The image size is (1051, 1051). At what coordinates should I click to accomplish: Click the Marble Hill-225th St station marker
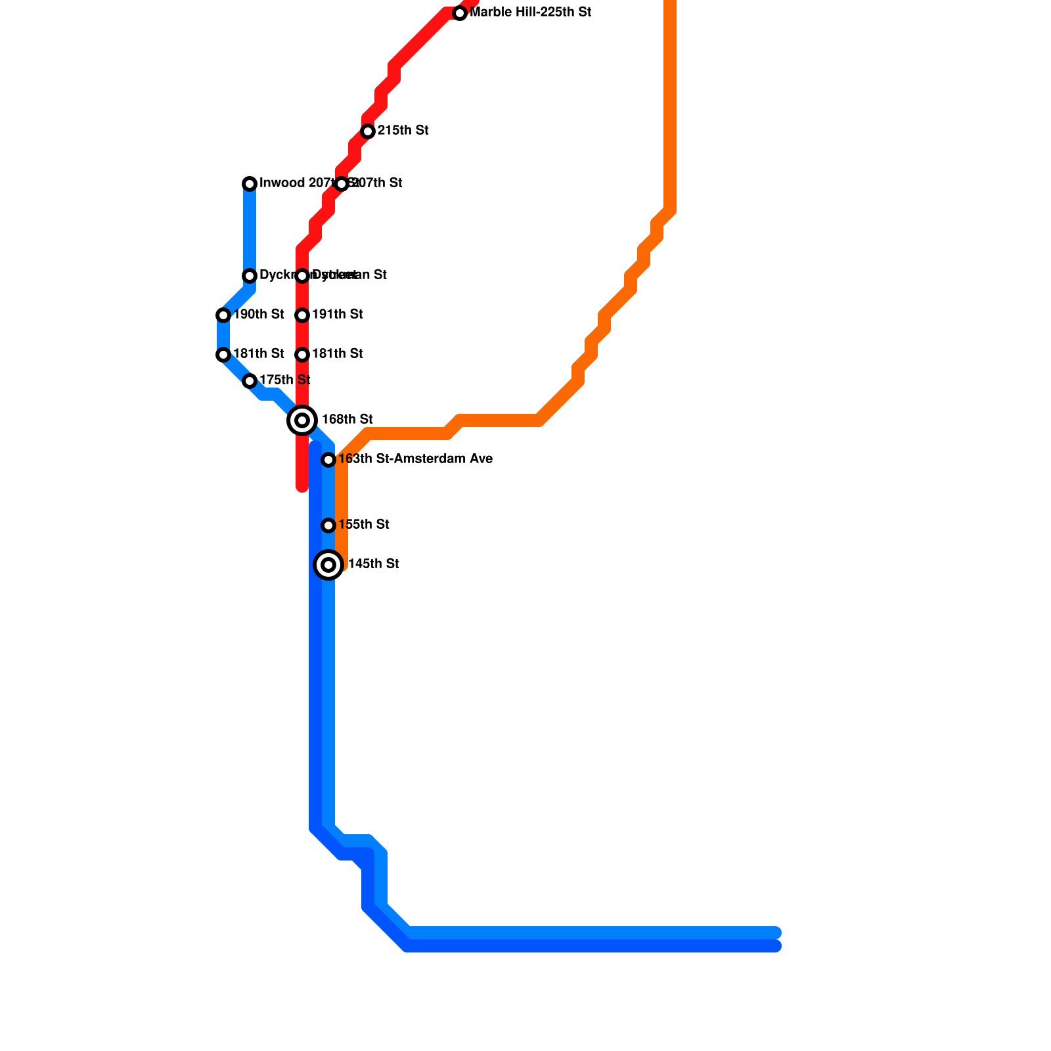click(460, 13)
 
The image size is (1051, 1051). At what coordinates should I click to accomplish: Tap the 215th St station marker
click(368, 131)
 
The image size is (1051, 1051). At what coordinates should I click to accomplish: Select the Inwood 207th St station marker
click(250, 184)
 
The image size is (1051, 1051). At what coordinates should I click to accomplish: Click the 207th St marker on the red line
click(342, 184)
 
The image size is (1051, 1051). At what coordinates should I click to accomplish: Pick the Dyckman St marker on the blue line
click(250, 276)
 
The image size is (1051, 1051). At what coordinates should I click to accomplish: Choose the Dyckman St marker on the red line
click(302, 276)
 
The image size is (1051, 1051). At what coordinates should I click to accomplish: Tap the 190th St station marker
click(223, 315)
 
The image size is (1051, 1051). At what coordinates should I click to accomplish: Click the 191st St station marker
click(302, 315)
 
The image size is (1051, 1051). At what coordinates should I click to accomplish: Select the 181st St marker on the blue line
click(223, 355)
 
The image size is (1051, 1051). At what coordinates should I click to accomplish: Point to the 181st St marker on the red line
click(302, 355)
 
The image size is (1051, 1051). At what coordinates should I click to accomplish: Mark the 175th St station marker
click(250, 381)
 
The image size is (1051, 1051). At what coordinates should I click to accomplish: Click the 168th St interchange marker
click(302, 420)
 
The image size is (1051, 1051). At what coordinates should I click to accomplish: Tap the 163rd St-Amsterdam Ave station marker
click(328, 460)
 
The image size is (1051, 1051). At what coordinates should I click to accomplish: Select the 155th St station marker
click(328, 525)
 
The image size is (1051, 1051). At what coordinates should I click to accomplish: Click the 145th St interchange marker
click(328, 565)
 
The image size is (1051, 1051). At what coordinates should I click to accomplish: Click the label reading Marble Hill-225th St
click(531, 12)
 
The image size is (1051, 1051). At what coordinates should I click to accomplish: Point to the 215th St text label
click(403, 131)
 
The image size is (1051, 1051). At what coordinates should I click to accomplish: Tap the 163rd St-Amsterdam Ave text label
click(415, 459)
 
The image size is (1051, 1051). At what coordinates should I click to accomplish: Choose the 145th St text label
click(373, 564)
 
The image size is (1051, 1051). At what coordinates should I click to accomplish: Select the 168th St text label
click(347, 420)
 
